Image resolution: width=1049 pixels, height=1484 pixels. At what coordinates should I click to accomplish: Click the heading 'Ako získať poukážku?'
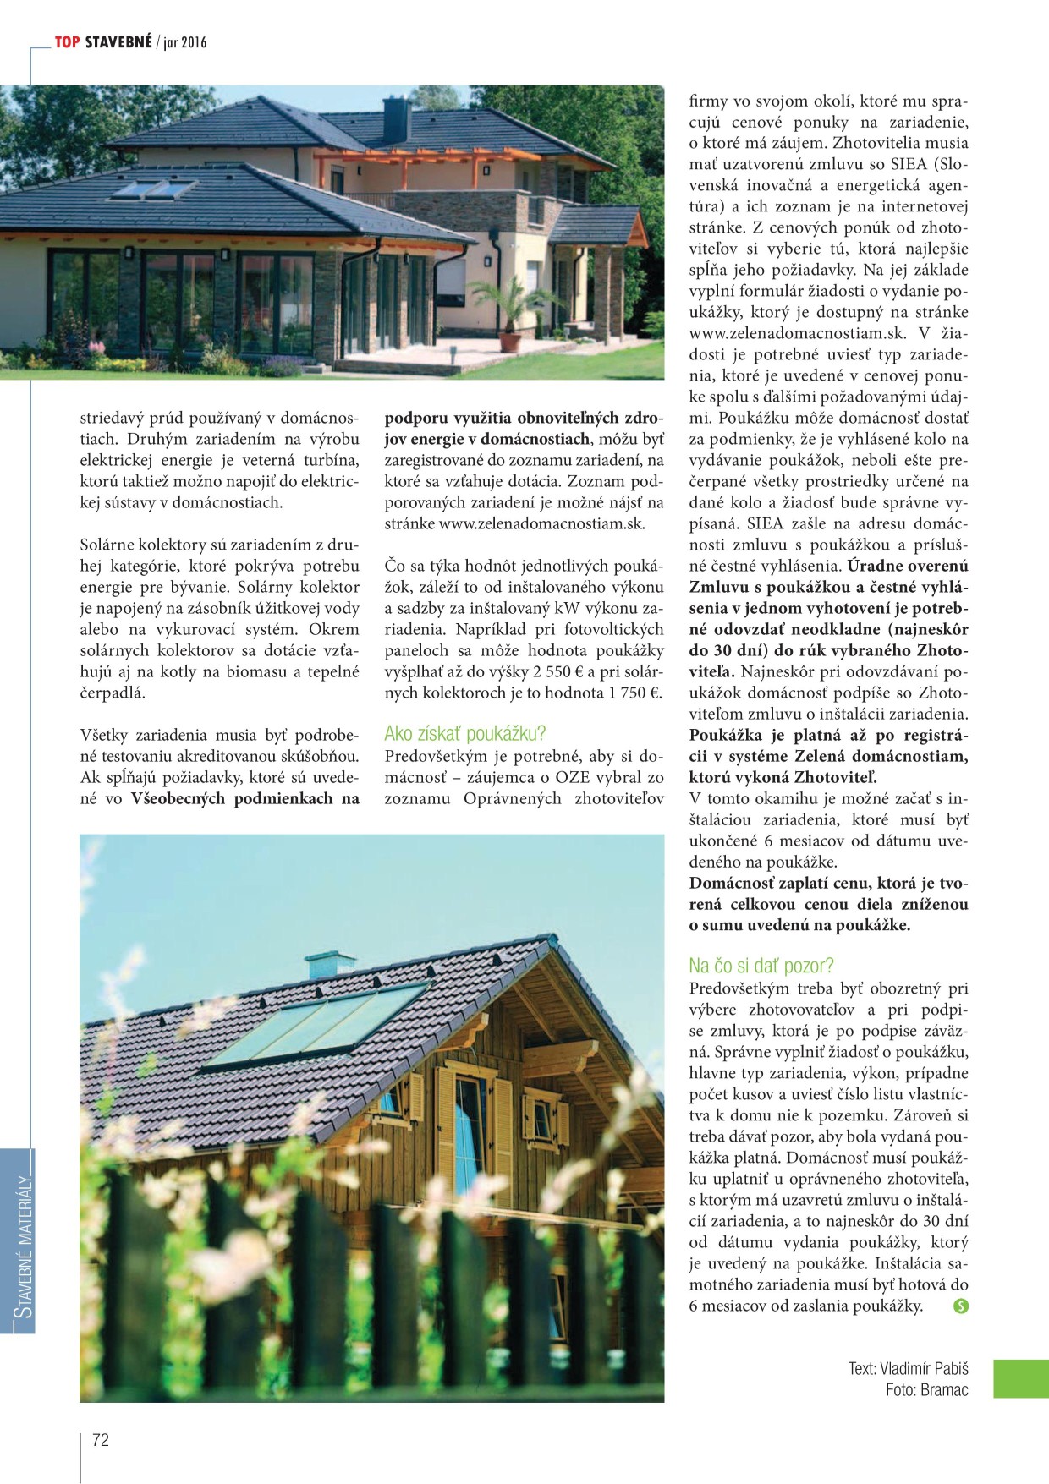[464, 733]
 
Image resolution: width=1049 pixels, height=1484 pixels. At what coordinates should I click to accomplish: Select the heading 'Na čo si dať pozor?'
[761, 966]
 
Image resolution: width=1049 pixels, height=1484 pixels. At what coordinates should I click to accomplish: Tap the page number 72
[101, 1440]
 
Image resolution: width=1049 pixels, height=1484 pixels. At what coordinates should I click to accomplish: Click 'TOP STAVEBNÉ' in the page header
[103, 42]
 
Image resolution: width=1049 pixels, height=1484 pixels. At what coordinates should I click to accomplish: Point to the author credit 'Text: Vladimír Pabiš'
[908, 1368]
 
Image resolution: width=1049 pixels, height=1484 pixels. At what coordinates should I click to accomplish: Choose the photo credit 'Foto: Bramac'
[926, 1389]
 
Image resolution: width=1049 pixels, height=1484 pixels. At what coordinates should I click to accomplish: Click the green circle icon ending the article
[960, 1306]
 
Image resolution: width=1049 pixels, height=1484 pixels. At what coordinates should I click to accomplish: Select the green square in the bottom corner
[1020, 1378]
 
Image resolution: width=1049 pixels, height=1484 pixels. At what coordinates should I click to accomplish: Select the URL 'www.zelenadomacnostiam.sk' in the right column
[797, 333]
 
